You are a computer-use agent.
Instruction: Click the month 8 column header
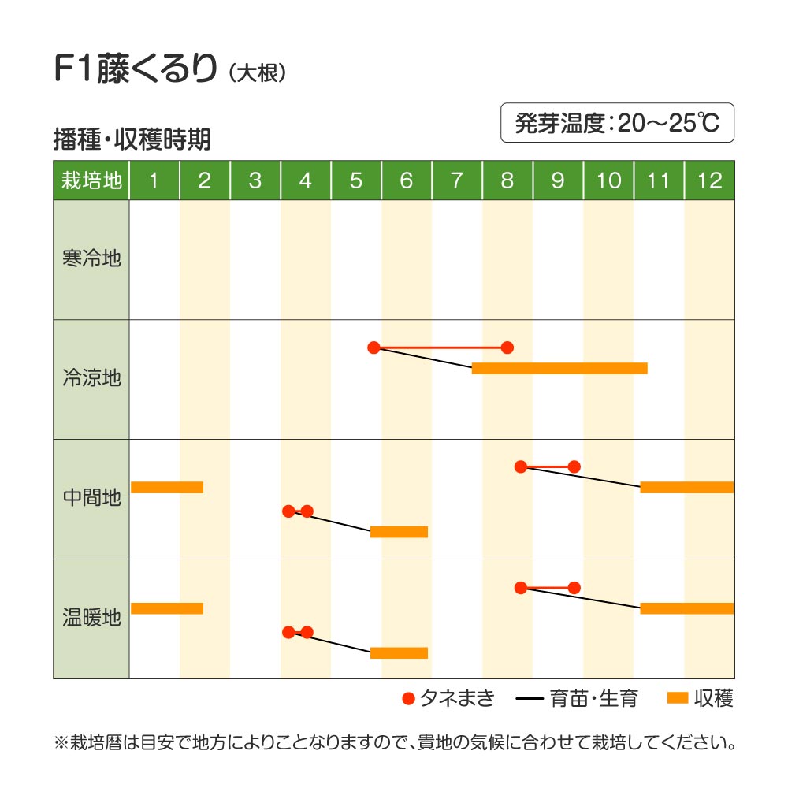[x=507, y=180]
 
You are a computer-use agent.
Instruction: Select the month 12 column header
[x=709, y=180]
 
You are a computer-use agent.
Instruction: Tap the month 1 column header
[x=154, y=180]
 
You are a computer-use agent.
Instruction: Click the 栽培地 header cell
[x=91, y=180]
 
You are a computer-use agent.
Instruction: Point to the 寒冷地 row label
[x=91, y=258]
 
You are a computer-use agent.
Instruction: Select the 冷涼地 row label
[x=91, y=378]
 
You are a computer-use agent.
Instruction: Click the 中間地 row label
[x=91, y=498]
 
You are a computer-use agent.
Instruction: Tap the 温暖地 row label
[x=91, y=618]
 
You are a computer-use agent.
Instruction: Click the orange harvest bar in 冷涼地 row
[x=559, y=368]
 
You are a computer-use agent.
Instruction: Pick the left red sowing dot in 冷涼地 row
[x=374, y=348]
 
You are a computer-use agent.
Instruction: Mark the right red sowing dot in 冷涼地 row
[x=507, y=348]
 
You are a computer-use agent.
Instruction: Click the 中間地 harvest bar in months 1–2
[x=167, y=487]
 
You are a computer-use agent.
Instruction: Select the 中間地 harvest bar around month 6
[x=399, y=532]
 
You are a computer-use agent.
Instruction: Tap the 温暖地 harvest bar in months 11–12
[x=686, y=608]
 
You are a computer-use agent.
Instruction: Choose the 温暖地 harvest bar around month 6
[x=399, y=652]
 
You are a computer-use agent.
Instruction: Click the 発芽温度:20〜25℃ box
[x=617, y=123]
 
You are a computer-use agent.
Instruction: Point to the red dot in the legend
[x=407, y=698]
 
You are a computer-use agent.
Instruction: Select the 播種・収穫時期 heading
[x=132, y=139]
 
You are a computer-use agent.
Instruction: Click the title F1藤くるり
[x=134, y=70]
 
